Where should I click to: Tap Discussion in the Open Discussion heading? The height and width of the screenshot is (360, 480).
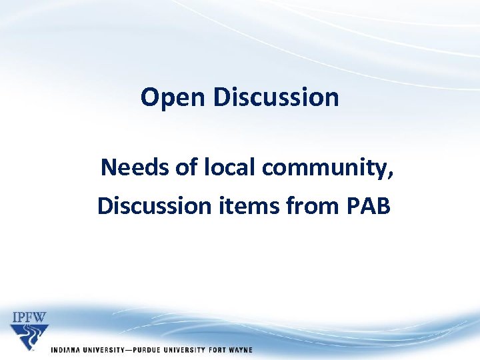(276, 97)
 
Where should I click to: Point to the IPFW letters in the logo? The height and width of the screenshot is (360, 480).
(29, 317)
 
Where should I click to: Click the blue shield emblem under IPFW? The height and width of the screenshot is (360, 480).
(29, 336)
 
